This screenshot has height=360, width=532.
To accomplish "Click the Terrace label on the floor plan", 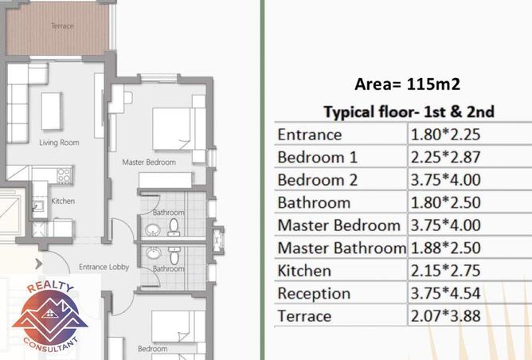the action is coord(62,25).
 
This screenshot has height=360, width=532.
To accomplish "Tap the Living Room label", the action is coord(59,143).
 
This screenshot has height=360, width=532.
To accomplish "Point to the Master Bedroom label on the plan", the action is coord(149,162).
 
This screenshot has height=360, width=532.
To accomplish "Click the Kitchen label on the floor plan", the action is coord(63,201).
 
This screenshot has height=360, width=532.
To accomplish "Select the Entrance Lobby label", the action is coord(104,267).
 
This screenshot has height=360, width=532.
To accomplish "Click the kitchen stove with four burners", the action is coord(65,175).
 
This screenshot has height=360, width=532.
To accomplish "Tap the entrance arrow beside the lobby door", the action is coord(39,264).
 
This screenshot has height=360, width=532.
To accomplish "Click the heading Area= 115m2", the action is coord(407,84).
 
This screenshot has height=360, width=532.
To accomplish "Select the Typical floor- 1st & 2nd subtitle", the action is coord(409,112).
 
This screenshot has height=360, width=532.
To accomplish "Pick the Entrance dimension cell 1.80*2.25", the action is coord(445,135).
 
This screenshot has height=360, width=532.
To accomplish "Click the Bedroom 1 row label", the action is coord(317,157).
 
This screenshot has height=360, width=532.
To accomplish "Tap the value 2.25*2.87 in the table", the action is coord(445,157).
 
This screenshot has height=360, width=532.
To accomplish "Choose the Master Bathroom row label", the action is coord(342,248).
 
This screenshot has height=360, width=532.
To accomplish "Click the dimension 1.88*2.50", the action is coord(445,248).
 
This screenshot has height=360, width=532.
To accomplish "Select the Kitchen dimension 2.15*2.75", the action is coord(445,271).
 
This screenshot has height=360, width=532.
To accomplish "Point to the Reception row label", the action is coord(314,294).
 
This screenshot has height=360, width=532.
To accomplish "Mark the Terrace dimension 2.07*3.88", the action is coord(445,316).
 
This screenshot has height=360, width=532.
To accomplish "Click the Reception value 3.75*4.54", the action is coord(445,293).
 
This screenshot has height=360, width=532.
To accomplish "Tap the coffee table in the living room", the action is coord(51,112).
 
